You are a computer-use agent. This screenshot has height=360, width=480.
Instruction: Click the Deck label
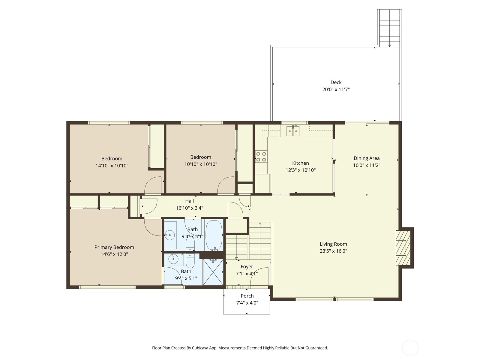336,82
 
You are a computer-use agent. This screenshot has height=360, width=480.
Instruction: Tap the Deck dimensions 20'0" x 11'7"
336,89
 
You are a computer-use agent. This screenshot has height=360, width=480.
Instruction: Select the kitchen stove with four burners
261,157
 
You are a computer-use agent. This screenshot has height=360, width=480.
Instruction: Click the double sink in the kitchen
293,131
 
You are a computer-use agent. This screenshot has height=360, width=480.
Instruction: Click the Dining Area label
366,158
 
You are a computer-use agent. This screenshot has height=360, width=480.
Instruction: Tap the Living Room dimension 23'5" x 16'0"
333,251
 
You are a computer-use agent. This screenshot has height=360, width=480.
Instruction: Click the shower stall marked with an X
213,272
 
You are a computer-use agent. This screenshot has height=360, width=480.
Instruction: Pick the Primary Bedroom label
114,247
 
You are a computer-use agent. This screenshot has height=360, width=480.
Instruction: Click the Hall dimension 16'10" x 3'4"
189,208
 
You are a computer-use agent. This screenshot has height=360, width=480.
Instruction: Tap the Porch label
247,296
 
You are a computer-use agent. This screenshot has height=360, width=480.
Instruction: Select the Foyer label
247,266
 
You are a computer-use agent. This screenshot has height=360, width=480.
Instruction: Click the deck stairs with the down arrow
389,28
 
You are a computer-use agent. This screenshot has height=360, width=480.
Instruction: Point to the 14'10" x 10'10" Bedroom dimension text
112,166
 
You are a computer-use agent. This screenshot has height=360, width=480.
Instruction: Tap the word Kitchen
300,163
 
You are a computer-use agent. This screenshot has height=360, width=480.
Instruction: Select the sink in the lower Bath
173,259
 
